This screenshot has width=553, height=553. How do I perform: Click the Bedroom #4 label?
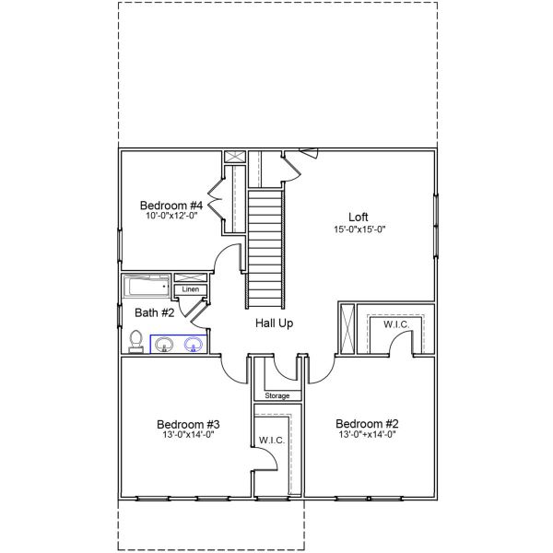(171, 205)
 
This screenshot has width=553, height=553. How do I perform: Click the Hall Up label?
(274, 324)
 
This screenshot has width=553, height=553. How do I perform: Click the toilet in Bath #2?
(136, 342)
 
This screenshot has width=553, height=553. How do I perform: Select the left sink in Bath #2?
(164, 345)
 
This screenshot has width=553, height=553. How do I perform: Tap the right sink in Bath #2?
(194, 345)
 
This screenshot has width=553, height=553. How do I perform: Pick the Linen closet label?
(190, 289)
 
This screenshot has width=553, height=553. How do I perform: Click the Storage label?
(277, 395)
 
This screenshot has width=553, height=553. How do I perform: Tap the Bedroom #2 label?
(367, 424)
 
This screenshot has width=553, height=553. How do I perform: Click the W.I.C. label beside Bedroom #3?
(271, 440)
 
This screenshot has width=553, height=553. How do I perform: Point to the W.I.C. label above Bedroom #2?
(396, 324)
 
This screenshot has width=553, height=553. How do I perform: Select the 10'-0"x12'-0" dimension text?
(171, 217)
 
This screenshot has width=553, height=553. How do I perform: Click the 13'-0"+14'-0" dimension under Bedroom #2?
(367, 436)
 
